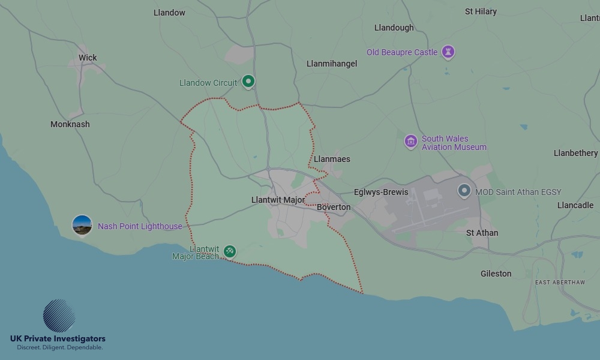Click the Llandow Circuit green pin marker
point(248,82)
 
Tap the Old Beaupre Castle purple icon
point(448,52)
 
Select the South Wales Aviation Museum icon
point(411,142)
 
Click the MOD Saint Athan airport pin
point(464,191)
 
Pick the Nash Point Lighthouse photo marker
point(82,225)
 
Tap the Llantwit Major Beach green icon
point(229,251)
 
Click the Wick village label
point(88,58)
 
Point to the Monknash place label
point(70,124)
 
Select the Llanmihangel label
point(332,64)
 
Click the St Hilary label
point(481,11)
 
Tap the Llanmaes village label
point(332,159)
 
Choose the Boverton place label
point(334,207)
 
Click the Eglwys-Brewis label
point(381,192)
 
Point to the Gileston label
point(496,274)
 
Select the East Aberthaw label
point(560,282)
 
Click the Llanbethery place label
point(575,153)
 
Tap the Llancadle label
point(575,205)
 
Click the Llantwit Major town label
point(278,200)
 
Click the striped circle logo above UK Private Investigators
point(59,316)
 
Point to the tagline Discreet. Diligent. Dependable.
point(59,348)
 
